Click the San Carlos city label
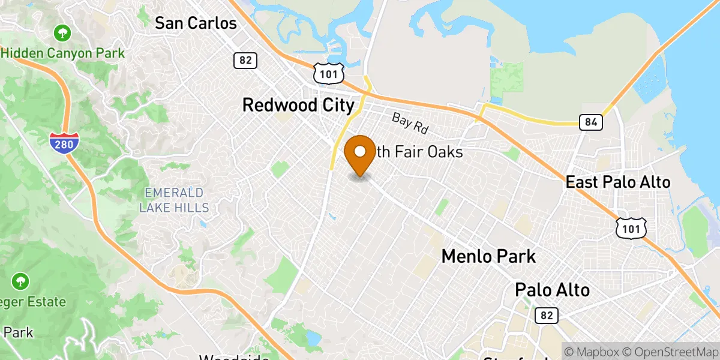tap(196, 23)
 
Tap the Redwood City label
tap(298, 106)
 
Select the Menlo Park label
tap(488, 257)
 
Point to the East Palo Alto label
tap(617, 182)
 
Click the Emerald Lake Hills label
tap(174, 200)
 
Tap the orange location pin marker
tap(360, 154)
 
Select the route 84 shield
tap(591, 122)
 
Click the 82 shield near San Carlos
tap(245, 60)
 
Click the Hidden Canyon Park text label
tap(64, 53)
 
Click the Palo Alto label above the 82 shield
tap(552, 290)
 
